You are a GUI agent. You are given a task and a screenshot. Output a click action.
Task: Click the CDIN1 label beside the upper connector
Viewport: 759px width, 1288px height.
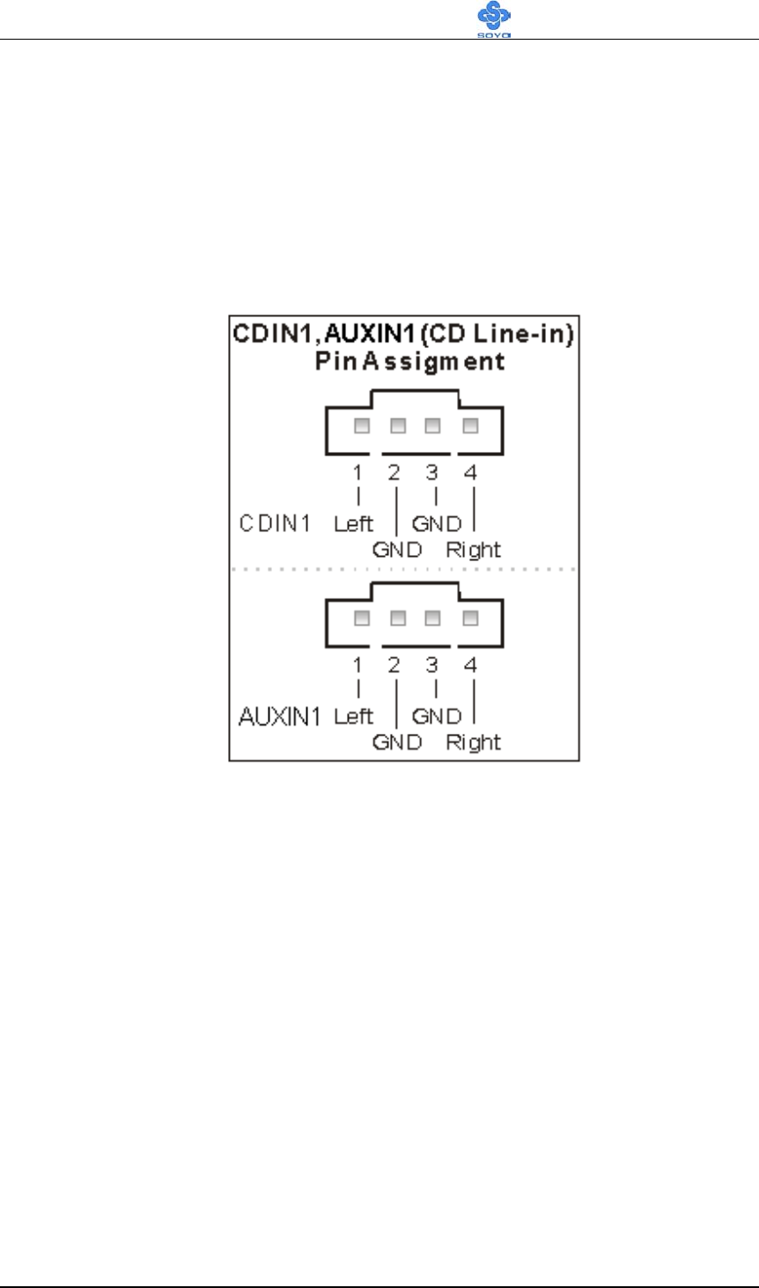tap(276, 524)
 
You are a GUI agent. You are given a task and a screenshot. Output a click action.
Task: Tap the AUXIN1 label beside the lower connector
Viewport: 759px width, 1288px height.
tap(281, 716)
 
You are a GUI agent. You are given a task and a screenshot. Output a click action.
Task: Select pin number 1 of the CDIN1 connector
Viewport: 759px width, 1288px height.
tap(357, 473)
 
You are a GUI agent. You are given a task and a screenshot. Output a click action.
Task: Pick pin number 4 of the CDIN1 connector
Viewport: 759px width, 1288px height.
tap(471, 473)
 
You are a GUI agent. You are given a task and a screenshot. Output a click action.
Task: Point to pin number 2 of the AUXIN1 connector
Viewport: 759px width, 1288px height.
tap(394, 665)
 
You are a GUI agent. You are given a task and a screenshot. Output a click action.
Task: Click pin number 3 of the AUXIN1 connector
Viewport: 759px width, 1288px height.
tap(431, 665)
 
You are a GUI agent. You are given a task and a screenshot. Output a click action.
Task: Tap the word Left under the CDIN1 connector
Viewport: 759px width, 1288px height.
tap(353, 524)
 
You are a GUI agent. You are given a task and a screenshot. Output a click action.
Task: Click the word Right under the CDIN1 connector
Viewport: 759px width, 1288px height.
tap(473, 550)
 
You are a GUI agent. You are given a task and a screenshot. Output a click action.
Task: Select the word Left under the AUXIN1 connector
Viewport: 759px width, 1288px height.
tap(353, 716)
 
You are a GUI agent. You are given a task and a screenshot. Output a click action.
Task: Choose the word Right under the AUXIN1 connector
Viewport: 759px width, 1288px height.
tap(473, 743)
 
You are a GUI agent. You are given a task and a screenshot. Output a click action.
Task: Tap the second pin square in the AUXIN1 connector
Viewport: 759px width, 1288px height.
tap(397, 618)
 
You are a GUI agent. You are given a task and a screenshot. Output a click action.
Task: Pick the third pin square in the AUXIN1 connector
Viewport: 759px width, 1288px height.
tap(432, 618)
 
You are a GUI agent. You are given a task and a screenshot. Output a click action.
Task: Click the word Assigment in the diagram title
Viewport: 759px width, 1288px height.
tap(428, 361)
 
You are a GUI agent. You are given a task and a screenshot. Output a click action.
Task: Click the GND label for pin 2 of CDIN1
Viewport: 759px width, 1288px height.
tap(397, 550)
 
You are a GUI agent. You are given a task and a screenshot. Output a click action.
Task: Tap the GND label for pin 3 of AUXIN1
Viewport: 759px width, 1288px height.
tap(437, 716)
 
